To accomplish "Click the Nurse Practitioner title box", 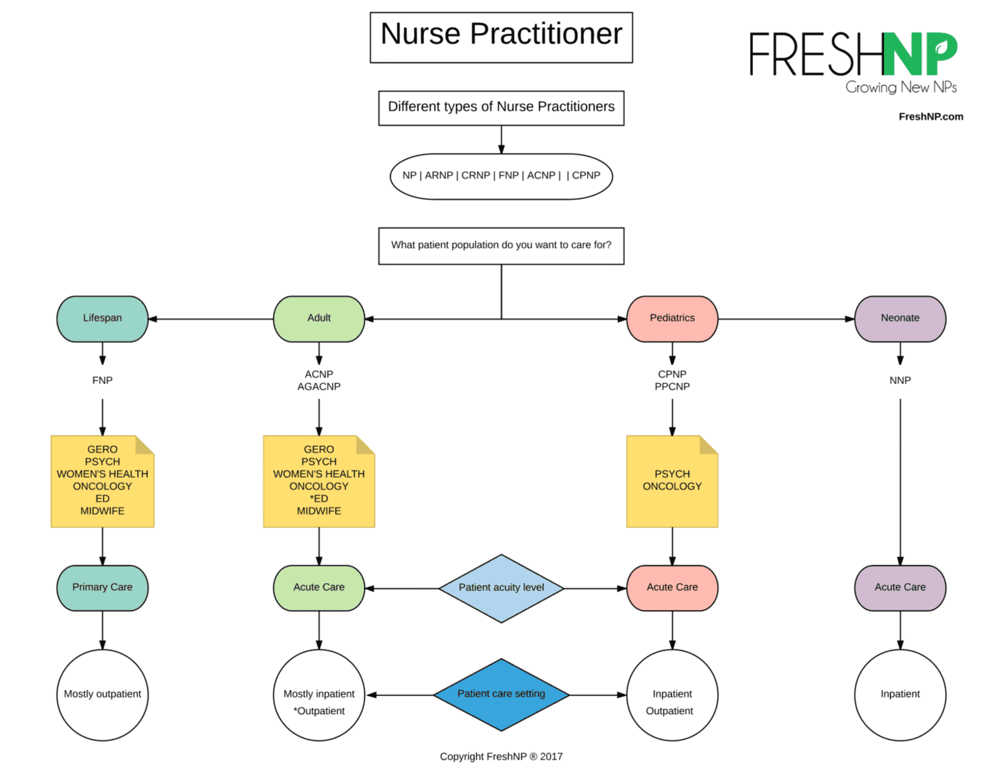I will coord(501,37).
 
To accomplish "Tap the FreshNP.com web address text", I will coord(930,116).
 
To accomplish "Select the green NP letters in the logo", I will coord(919,54).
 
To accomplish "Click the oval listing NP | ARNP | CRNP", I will coord(501,176).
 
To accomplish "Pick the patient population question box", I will coord(501,245).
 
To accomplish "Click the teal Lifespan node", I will coord(102,318).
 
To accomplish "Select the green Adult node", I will coord(319,318).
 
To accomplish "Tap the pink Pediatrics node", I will coord(672,318).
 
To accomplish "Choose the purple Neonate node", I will coord(900,318).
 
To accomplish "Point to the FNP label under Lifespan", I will coord(102,380).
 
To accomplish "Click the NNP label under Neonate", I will coord(900,380).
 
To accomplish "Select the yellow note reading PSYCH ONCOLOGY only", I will coord(672,481).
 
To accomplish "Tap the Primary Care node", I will coord(102,587).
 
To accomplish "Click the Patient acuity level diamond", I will coord(501,588).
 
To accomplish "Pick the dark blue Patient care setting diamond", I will coord(501,694).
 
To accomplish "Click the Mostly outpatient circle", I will coord(102,695).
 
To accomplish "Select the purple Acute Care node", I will coord(900,587).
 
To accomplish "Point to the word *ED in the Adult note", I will coord(319,499).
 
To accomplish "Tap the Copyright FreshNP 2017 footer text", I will coord(501,756).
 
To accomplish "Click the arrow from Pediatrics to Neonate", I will coord(786,319).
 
